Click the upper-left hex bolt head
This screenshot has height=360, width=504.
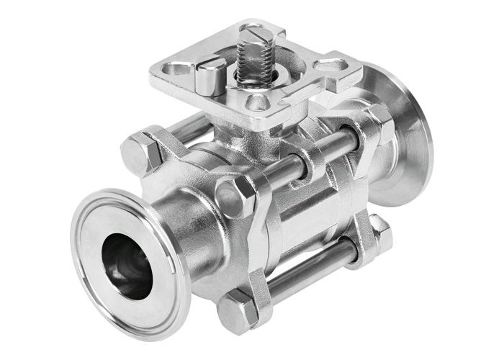138,152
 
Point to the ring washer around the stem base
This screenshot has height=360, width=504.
253,78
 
